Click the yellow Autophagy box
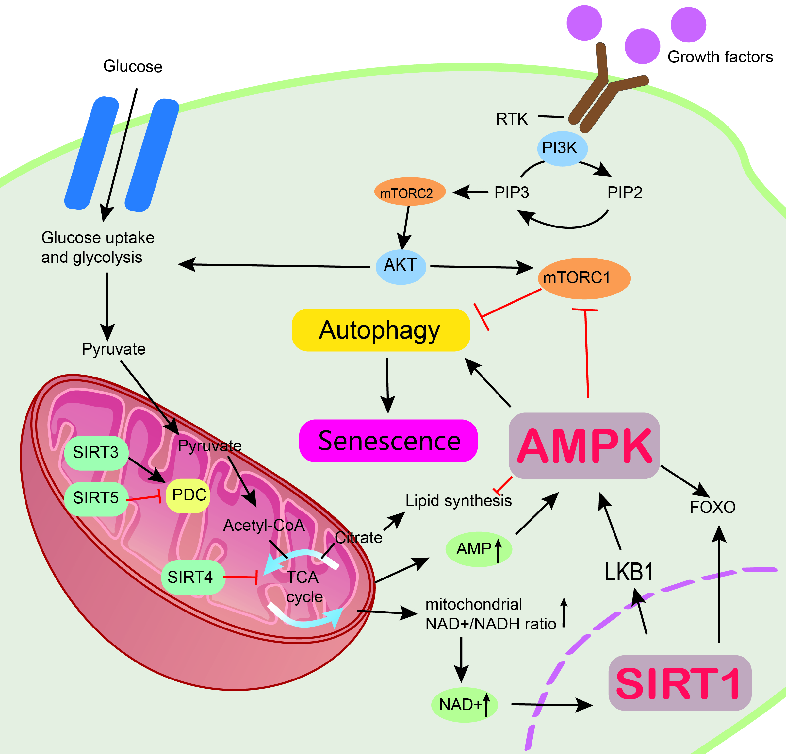tap(381, 330)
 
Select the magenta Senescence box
tap(388, 441)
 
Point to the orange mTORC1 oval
tap(584, 278)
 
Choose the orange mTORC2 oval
tap(409, 192)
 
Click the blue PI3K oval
tap(562, 148)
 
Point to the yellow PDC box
tap(188, 495)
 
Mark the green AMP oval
tap(478, 548)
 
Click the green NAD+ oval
tap(464, 704)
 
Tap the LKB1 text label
tap(629, 572)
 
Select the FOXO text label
tap(712, 507)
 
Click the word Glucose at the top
tap(133, 66)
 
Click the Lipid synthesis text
tap(458, 501)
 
